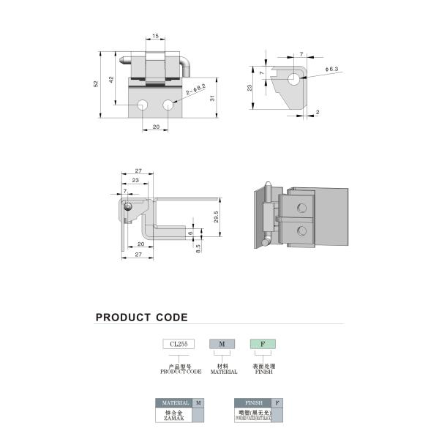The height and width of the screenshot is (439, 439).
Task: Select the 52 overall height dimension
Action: coord(96,84)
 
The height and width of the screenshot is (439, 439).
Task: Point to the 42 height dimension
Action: coord(111,79)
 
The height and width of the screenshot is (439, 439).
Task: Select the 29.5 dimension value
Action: coord(216,217)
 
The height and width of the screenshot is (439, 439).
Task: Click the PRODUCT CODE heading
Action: coord(141,318)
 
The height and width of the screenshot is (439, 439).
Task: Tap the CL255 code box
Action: coord(179,344)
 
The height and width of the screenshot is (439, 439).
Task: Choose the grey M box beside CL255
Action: coord(222,344)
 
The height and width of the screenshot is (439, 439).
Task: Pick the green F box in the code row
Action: coord(263,344)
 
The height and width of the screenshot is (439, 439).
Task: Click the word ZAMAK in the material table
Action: coord(174,419)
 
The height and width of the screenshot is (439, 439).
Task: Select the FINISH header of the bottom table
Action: coord(253,402)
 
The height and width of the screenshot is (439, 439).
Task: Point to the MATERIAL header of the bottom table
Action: coord(175,402)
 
